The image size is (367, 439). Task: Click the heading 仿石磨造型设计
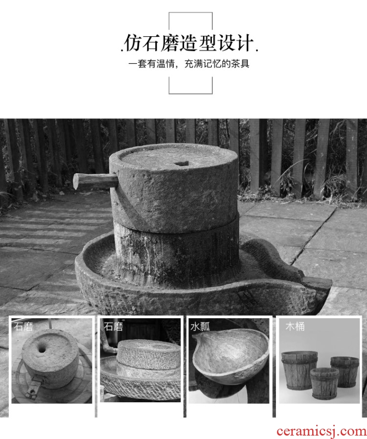[x=189, y=44]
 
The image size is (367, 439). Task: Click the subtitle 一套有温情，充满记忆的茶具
[x=189, y=64]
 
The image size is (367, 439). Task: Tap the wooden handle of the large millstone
[x=95, y=180]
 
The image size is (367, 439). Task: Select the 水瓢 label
[x=200, y=327]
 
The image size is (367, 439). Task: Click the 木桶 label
[x=295, y=326]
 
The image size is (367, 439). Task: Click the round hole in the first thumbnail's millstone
[x=43, y=349]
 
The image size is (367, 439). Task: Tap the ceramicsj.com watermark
[x=321, y=431]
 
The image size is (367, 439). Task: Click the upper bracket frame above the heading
[x=191, y=13]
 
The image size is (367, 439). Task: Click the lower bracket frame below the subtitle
[x=191, y=93]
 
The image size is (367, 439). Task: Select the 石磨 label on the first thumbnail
[x=23, y=327]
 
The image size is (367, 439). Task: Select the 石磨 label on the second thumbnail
[x=114, y=327]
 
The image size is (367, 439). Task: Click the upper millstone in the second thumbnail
[x=148, y=353]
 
